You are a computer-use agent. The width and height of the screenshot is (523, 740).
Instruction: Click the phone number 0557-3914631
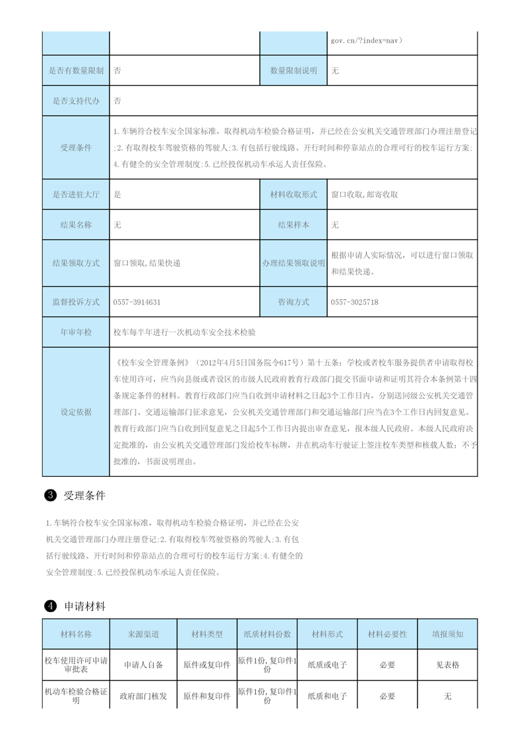(x=137, y=302)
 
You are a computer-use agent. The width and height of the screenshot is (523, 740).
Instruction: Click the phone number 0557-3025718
(x=355, y=302)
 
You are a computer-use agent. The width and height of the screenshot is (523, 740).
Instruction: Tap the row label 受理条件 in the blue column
(x=76, y=148)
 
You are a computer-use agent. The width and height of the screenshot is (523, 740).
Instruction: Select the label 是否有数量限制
(x=76, y=71)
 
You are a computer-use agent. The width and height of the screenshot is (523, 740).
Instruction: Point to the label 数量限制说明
(x=293, y=71)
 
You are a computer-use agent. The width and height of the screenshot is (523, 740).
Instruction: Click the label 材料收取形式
(x=293, y=195)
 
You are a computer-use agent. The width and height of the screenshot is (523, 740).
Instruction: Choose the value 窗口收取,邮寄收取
(x=364, y=195)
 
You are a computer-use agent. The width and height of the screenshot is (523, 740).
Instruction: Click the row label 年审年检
(x=76, y=332)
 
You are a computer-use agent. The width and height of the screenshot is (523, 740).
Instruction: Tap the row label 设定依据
(x=76, y=412)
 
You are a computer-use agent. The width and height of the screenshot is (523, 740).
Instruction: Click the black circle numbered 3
(x=49, y=495)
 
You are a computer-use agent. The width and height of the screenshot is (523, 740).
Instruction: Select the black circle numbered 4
(x=49, y=606)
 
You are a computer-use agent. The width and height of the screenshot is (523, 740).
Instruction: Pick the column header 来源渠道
(x=143, y=634)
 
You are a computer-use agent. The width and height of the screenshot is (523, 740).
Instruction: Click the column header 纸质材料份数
(x=267, y=634)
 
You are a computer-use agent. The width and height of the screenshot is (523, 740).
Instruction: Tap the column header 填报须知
(x=448, y=634)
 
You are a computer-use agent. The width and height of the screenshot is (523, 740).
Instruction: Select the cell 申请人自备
(x=143, y=665)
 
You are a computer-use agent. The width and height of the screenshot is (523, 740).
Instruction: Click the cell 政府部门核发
(x=143, y=695)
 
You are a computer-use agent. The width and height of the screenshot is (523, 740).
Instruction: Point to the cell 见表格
(x=448, y=665)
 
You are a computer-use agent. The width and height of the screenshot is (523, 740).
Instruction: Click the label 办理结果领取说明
(x=293, y=262)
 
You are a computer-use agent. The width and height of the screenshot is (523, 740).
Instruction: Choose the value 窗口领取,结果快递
(x=146, y=262)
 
